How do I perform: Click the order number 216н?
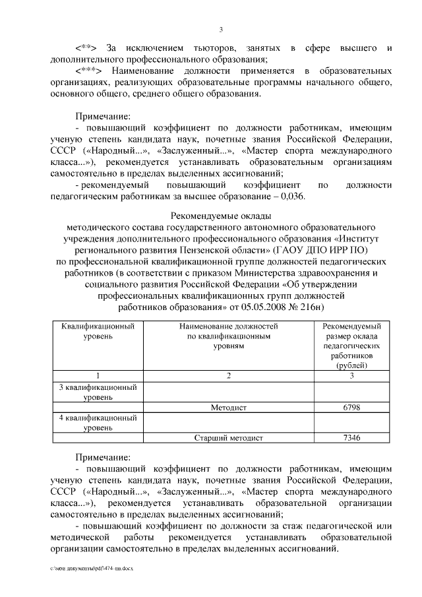[x=313, y=307]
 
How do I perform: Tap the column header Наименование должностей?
[x=228, y=327]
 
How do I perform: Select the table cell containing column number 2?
[x=228, y=375]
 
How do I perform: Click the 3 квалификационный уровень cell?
[x=98, y=392]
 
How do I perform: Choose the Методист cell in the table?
[x=228, y=408]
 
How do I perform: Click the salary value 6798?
[x=351, y=408]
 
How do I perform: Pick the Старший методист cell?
[x=228, y=437]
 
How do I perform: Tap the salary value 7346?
[x=351, y=437]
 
